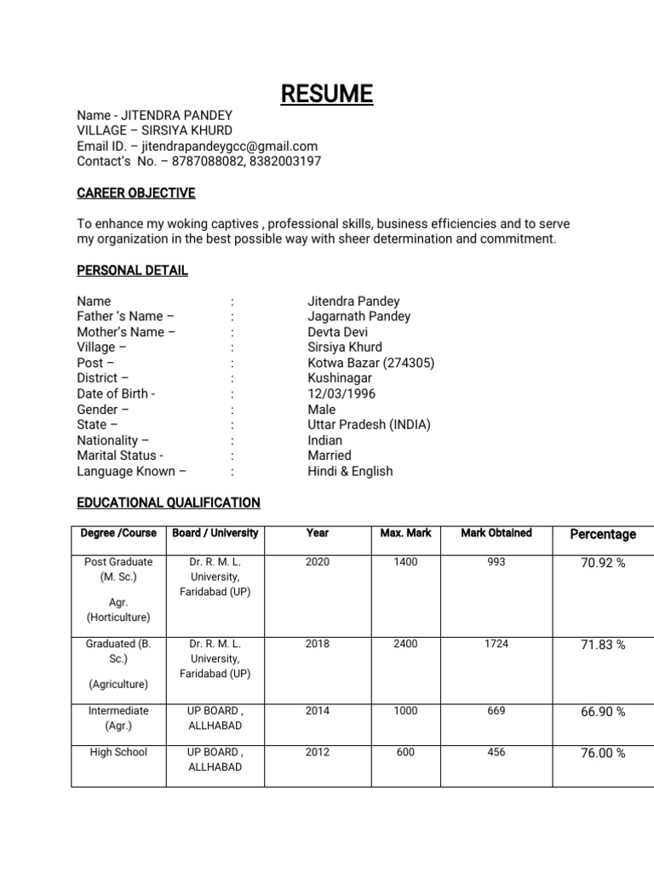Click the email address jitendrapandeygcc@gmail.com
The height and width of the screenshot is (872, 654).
point(229,146)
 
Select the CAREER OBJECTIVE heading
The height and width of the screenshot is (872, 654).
point(136,193)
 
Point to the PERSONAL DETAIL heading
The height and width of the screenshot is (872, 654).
point(133,270)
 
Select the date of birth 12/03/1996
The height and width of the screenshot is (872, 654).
point(341,393)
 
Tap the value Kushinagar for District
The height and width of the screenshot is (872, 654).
point(340,378)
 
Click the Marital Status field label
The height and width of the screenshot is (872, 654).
point(120,456)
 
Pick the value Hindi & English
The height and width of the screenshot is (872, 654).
point(350,471)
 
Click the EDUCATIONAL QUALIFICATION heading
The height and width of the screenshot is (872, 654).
point(169,502)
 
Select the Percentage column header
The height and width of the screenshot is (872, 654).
point(603,534)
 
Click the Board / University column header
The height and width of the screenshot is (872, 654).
point(215,533)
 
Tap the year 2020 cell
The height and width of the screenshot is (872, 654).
point(317,562)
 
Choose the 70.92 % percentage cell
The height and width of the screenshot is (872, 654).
point(603,563)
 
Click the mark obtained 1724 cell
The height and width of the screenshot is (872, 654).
point(496,644)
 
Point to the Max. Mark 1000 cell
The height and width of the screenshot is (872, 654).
point(405,710)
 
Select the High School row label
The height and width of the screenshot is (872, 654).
point(118,752)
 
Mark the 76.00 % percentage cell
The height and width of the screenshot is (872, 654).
point(603,753)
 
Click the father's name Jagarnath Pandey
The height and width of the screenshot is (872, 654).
point(359,316)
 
